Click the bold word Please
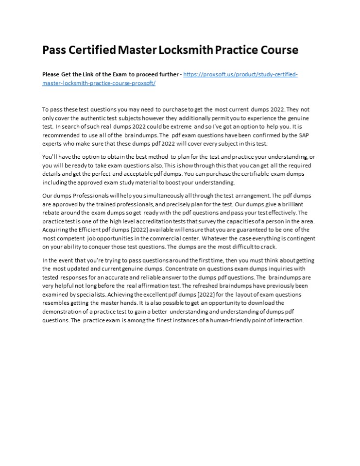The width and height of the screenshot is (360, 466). point(51,74)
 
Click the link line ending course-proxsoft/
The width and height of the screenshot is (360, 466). point(99,83)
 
